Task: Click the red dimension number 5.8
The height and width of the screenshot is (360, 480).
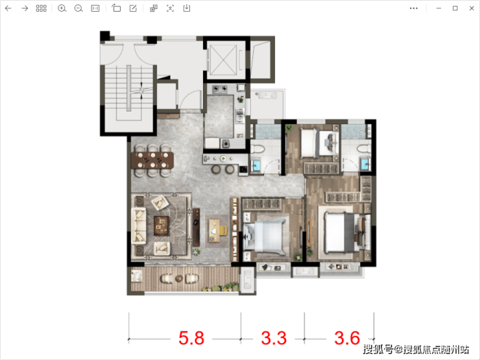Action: tap(191, 338)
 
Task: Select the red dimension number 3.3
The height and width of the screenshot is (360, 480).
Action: tap(274, 338)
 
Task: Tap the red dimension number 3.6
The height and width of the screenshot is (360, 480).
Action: tap(347, 338)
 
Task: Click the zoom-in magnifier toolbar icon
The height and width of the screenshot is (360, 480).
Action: tap(62, 8)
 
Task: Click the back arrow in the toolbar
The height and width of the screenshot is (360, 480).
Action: tap(8, 8)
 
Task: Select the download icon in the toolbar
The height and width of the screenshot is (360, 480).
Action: tap(187, 8)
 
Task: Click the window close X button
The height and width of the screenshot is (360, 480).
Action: tap(472, 8)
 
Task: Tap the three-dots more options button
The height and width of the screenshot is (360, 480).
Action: tap(414, 8)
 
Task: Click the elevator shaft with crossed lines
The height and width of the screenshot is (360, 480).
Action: tap(224, 60)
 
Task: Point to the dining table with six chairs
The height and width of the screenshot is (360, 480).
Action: tap(152, 160)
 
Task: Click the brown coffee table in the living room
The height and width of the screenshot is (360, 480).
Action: tap(162, 225)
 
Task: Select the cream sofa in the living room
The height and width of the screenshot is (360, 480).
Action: tap(138, 226)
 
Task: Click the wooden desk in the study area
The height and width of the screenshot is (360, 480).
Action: tap(215, 230)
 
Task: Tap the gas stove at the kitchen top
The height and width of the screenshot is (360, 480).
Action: tap(220, 89)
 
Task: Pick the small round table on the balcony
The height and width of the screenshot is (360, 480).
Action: tap(179, 278)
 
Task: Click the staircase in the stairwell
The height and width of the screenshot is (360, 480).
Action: tap(129, 88)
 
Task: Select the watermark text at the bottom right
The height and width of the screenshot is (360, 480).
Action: tap(416, 349)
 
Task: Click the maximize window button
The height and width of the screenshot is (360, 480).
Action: tap(455, 8)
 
